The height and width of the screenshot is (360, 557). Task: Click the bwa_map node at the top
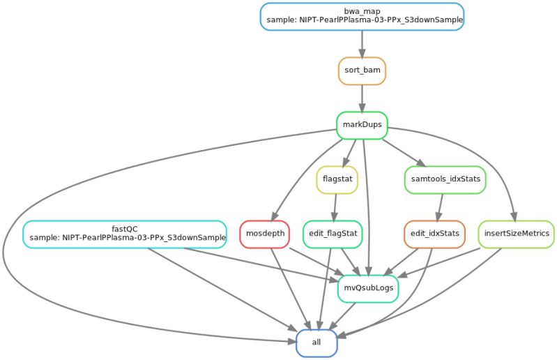(x=362, y=16)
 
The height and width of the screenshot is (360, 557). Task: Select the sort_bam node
(x=362, y=70)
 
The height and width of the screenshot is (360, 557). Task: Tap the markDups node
(x=362, y=125)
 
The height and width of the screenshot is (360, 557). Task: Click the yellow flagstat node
(x=338, y=179)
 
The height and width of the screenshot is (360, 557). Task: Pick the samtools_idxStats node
(x=445, y=179)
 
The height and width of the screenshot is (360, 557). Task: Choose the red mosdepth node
(x=265, y=234)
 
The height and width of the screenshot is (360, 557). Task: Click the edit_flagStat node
(x=332, y=234)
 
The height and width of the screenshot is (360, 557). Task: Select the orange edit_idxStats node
(x=434, y=234)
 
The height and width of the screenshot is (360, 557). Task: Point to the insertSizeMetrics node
(x=516, y=234)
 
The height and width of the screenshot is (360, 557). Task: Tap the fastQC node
(x=125, y=234)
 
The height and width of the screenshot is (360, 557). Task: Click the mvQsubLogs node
(x=368, y=288)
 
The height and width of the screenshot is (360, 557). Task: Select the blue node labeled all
(x=317, y=343)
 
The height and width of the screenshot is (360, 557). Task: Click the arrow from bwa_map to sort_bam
(x=362, y=43)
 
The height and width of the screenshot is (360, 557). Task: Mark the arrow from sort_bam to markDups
(x=362, y=98)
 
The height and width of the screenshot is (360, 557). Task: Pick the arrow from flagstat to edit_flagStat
(x=335, y=207)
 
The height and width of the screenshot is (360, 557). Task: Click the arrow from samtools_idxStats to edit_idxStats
(x=439, y=207)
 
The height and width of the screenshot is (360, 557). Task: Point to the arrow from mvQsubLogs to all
(x=342, y=315)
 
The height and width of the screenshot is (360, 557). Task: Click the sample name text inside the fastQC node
(x=128, y=239)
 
